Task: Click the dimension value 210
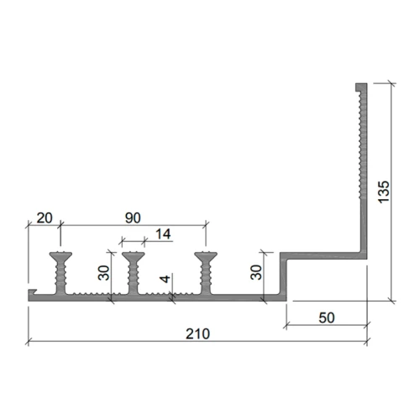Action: click(x=197, y=333)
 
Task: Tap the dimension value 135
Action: click(x=384, y=192)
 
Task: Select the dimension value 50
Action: click(x=327, y=318)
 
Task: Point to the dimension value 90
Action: click(x=133, y=218)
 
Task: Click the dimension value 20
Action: click(x=45, y=218)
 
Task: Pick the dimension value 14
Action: click(x=163, y=234)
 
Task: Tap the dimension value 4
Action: click(x=165, y=279)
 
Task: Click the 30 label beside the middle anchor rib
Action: click(x=103, y=273)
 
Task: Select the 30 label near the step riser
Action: click(x=256, y=272)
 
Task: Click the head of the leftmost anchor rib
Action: click(x=60, y=256)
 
